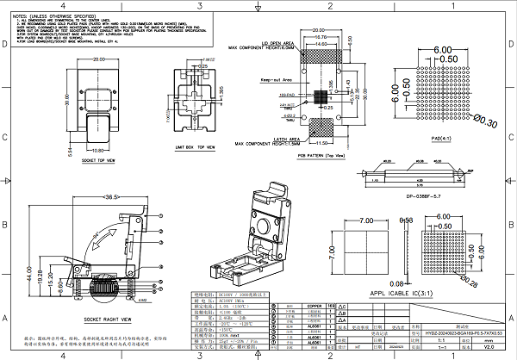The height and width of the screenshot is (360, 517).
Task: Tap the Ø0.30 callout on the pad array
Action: coord(486,123)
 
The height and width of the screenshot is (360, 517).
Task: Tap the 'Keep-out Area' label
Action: coord(249,78)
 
